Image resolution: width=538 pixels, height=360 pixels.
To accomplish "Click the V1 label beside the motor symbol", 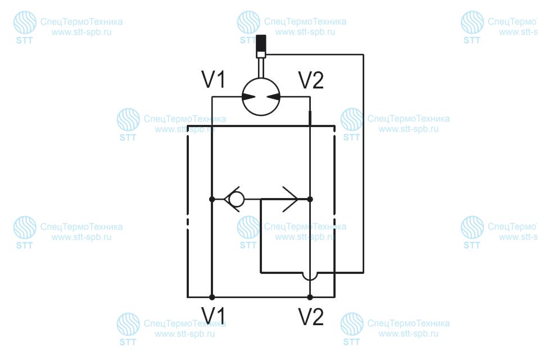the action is coord(214,80).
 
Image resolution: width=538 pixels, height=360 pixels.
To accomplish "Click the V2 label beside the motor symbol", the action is coord(311,80).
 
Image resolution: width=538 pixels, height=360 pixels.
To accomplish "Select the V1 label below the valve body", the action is coord(213,316).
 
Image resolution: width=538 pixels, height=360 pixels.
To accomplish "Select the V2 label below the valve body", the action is coord(311,317).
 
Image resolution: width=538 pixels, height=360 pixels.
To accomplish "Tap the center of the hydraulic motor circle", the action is coord(261,97).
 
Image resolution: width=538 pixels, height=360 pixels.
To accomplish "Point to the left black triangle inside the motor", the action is coord(248,97).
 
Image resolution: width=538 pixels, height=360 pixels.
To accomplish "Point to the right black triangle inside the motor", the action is coord(273,97).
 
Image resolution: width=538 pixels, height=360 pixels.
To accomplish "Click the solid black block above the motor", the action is coord(261,43).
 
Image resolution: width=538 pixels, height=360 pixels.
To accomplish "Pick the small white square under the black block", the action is coord(261,54).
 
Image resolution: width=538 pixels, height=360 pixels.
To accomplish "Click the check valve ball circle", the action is coord(237,199).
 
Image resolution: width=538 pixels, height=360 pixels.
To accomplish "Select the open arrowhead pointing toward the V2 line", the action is coord(290,199).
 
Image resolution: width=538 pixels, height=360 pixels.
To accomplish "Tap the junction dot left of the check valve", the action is coord(212,199).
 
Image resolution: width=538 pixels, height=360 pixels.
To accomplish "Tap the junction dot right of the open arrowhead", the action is coord(310,199).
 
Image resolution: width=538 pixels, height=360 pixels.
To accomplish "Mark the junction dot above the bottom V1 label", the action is coord(212,297).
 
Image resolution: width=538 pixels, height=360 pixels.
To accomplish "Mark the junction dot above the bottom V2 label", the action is coord(310,297).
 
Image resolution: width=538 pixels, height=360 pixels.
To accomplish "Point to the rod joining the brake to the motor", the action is coord(261,68).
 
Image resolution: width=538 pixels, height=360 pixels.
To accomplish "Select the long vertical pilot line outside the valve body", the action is coord(363,163).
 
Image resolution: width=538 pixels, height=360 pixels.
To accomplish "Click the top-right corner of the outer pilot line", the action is coord(363,54).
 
